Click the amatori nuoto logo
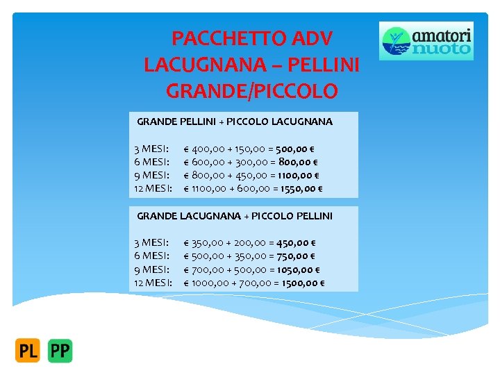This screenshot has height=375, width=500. pos(426,41)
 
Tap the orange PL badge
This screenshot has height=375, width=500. pos(28,351)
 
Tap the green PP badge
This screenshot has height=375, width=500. pos(60,351)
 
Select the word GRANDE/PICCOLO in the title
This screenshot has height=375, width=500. pos(252,91)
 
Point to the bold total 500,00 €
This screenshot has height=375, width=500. pos(294,149)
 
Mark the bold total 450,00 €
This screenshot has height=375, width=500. pos(295,243)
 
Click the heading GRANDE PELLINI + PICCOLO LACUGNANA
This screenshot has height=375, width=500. pos(235,122)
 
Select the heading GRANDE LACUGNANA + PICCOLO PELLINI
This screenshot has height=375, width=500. pos(235,216)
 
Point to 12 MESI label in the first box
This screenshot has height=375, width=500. pos(153,188)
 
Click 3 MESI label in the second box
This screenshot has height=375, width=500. pos(151,243)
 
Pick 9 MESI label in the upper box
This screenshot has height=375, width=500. pos(151,175)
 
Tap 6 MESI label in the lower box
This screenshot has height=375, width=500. pos(151,256)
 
